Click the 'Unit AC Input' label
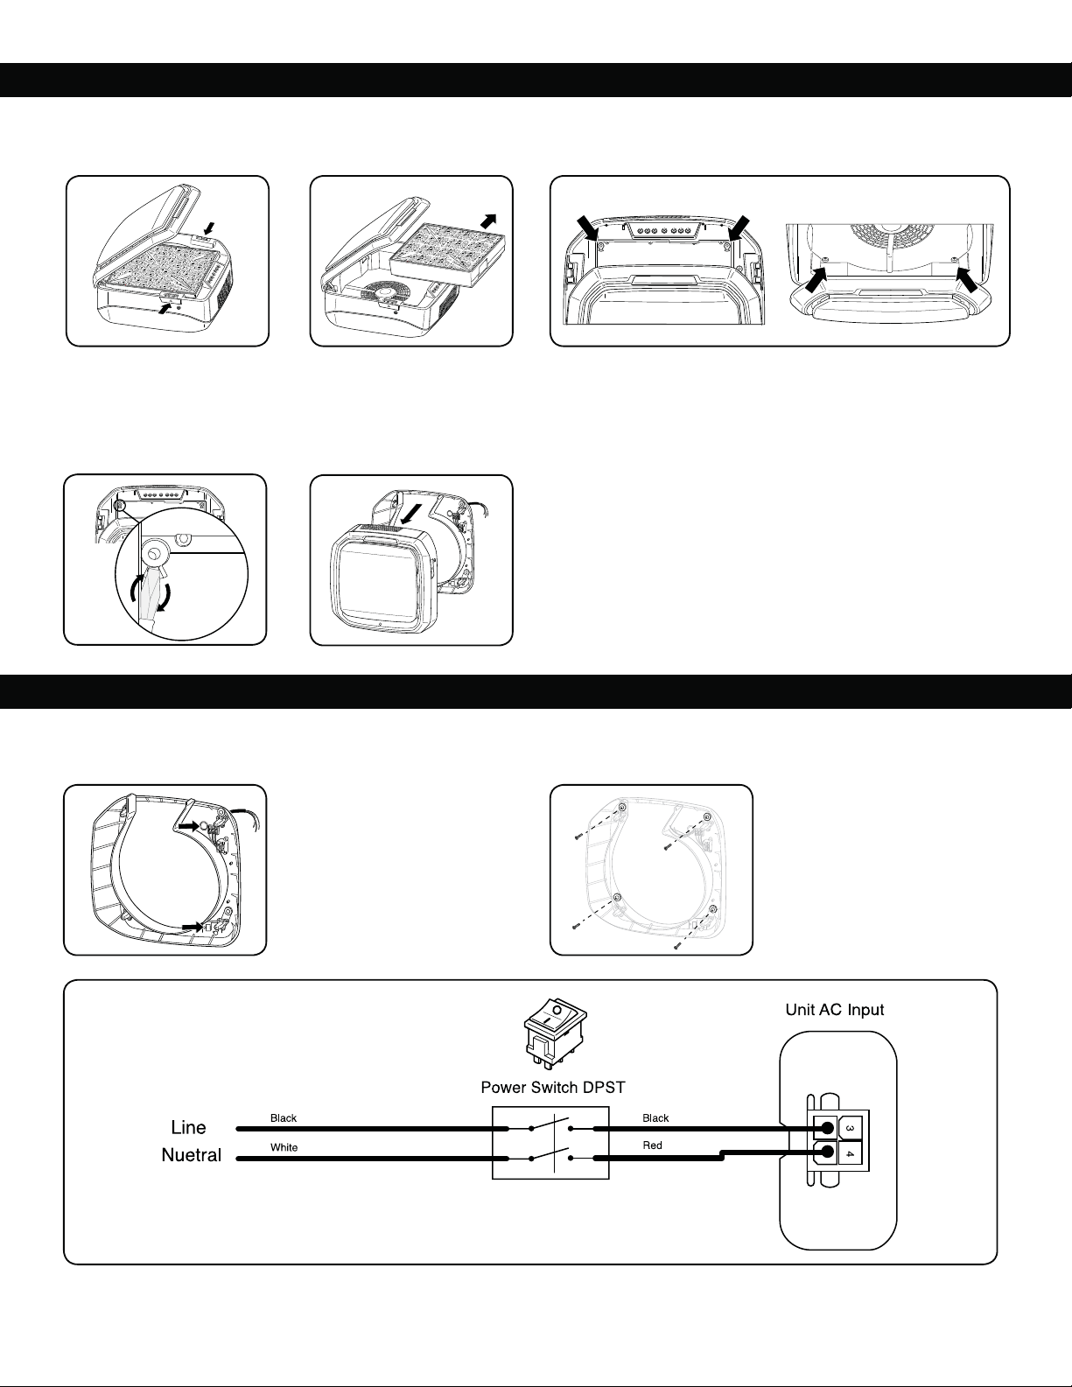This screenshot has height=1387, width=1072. tap(835, 1010)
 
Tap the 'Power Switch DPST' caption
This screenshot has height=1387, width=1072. tap(552, 1087)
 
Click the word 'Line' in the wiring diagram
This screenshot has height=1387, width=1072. tap(188, 1127)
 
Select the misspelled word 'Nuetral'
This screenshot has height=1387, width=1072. tap(191, 1154)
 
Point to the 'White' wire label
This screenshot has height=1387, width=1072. tap(284, 1147)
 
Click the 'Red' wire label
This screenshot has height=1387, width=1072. tap(652, 1145)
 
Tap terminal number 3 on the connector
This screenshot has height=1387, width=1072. tap(850, 1128)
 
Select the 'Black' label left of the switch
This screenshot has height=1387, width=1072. tap(284, 1117)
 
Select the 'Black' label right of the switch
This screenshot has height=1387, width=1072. tap(655, 1117)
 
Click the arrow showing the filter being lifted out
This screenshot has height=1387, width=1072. tap(487, 221)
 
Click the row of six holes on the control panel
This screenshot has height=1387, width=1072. tap(665, 230)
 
